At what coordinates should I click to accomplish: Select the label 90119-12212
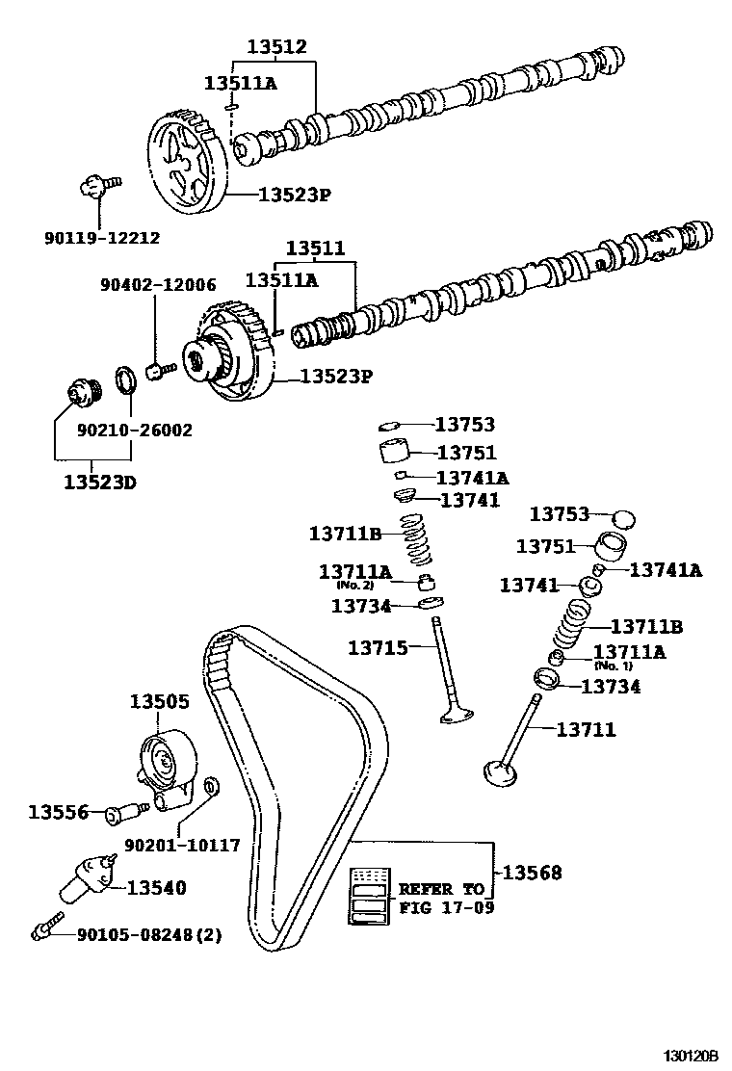tap(102, 238)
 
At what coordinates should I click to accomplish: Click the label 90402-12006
tap(158, 285)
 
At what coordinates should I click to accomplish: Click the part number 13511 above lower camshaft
tap(314, 248)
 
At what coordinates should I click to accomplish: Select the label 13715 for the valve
tap(378, 648)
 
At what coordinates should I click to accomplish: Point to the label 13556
tap(58, 813)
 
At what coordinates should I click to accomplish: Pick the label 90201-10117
tap(181, 845)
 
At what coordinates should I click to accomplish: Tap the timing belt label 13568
tap(532, 873)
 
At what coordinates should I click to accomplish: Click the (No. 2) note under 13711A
tap(354, 585)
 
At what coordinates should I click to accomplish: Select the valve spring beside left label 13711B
tap(416, 541)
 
